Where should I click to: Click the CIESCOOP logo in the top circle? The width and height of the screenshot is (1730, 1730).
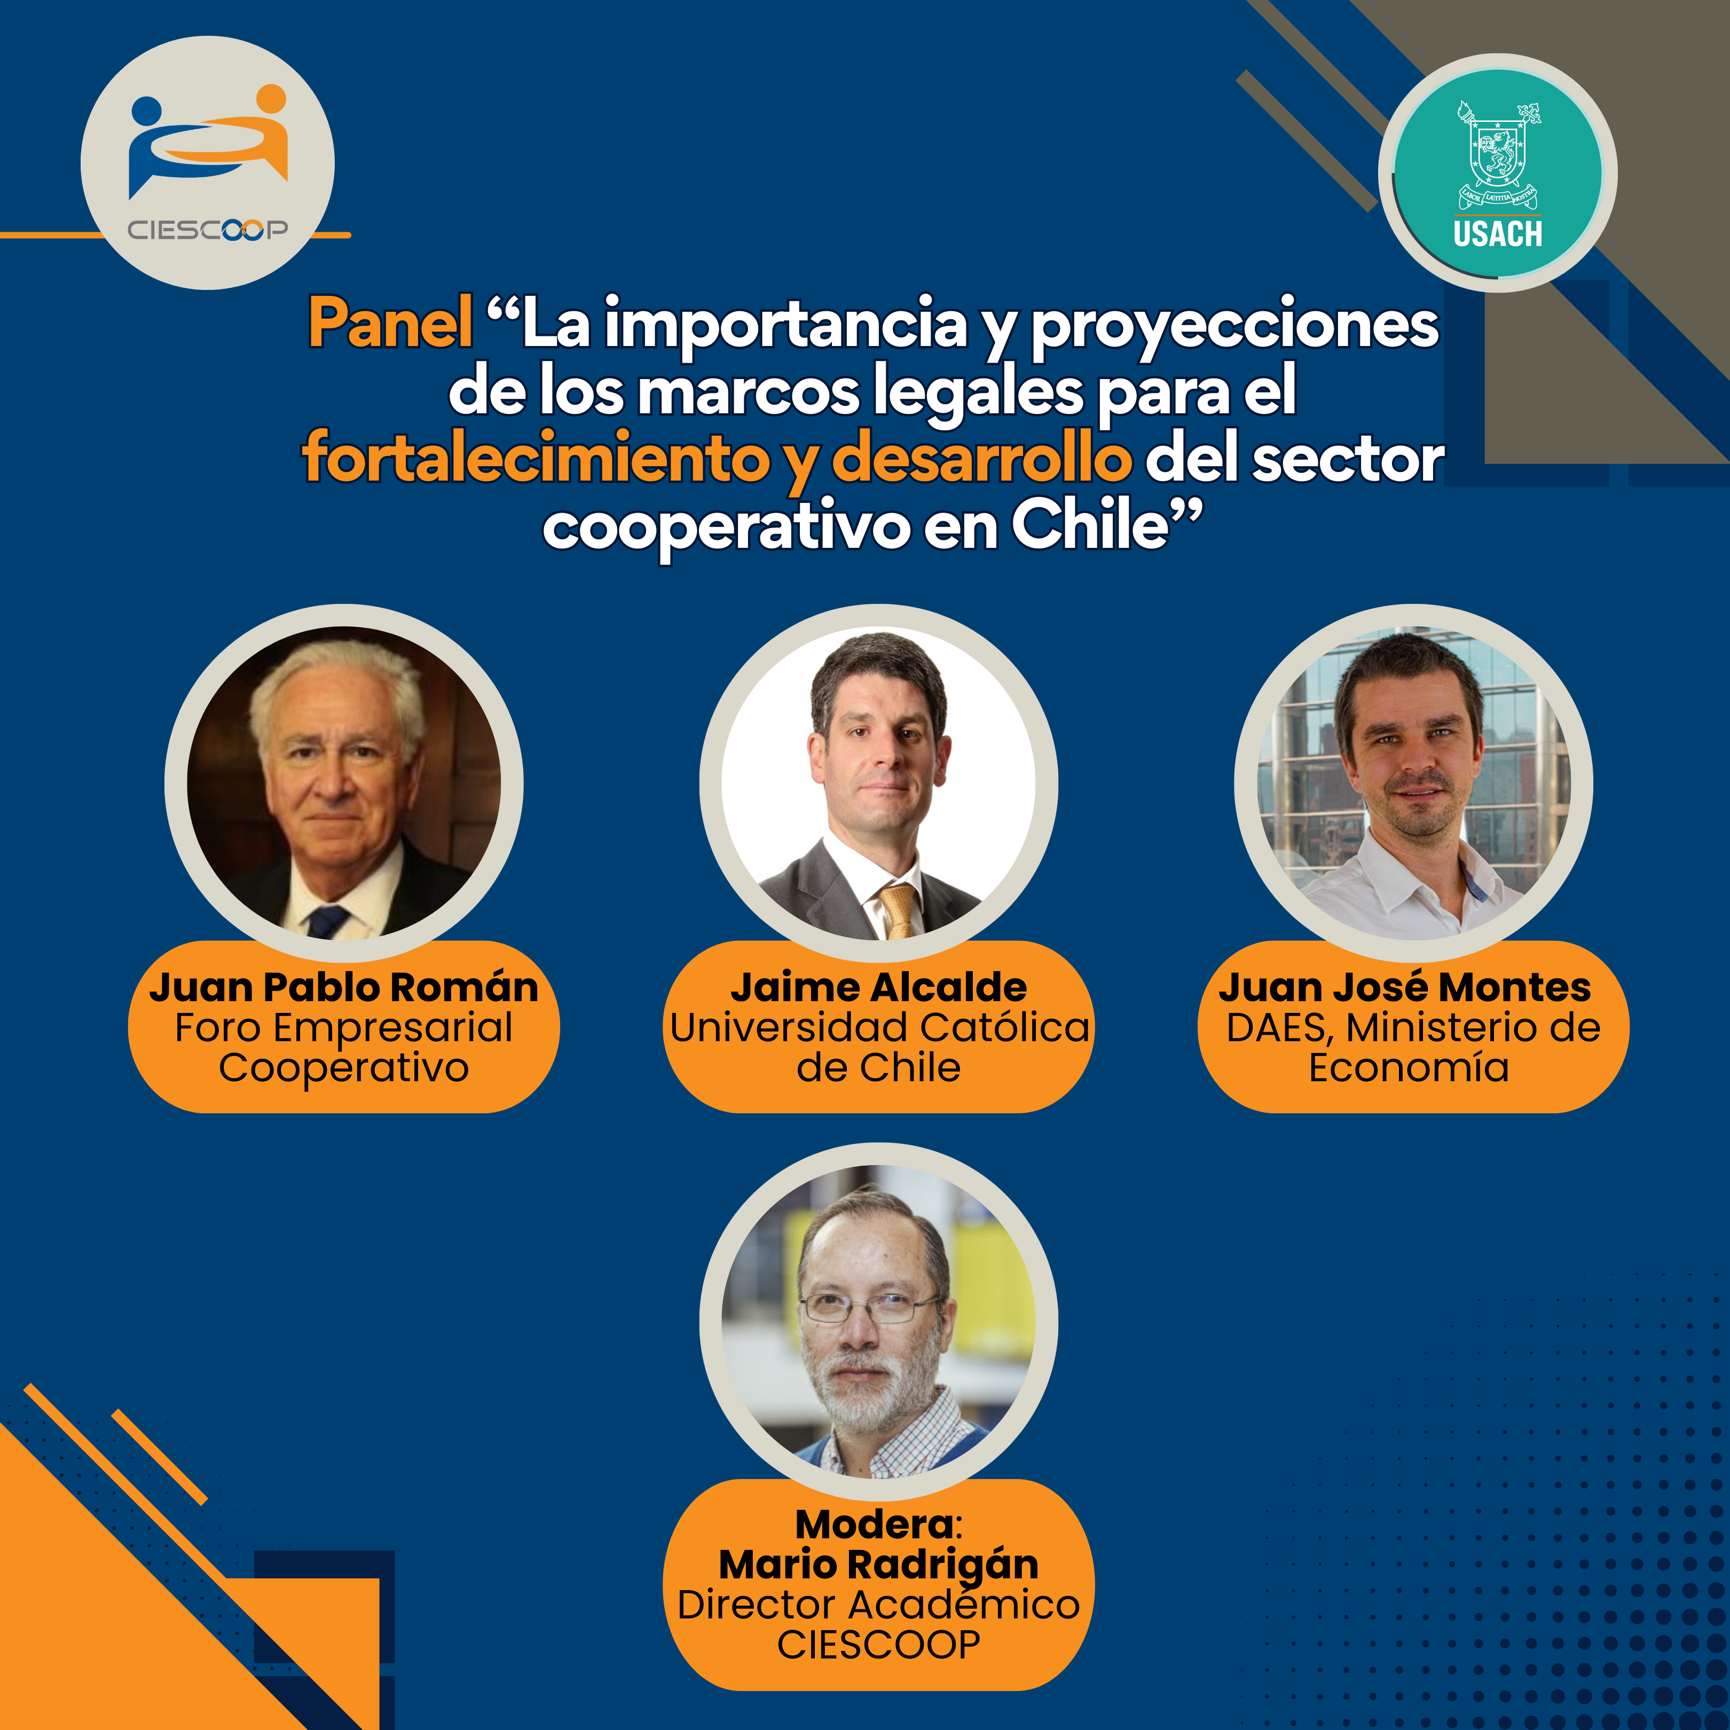208,162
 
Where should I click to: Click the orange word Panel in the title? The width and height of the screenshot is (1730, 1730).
390,323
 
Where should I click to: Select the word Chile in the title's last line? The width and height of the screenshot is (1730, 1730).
1091,525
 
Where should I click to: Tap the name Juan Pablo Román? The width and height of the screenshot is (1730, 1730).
344,987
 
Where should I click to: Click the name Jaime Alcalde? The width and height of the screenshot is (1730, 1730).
878,987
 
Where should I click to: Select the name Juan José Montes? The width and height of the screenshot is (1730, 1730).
1404,987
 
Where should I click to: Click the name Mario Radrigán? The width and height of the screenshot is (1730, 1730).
878,1564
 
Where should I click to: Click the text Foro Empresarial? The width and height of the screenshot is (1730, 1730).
344,1028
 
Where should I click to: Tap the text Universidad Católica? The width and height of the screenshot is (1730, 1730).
879,1027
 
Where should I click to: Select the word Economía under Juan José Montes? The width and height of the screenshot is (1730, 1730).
1409,1067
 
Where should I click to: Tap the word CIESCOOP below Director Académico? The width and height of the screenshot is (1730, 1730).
878,1644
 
